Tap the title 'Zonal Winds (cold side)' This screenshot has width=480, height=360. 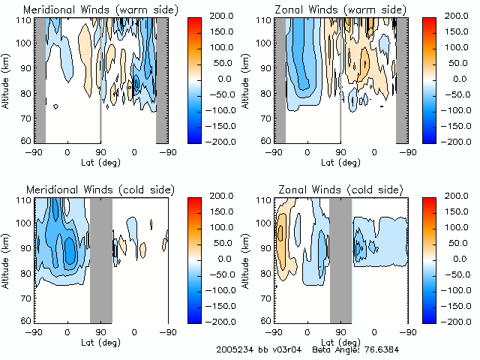click(x=325, y=188)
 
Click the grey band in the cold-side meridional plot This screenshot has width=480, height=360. click(x=100, y=259)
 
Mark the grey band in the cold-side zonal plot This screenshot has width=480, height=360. click(x=340, y=259)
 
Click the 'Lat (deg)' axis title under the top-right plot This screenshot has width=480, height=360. click(x=340, y=163)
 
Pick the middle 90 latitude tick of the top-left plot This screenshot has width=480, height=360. click(x=101, y=152)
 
